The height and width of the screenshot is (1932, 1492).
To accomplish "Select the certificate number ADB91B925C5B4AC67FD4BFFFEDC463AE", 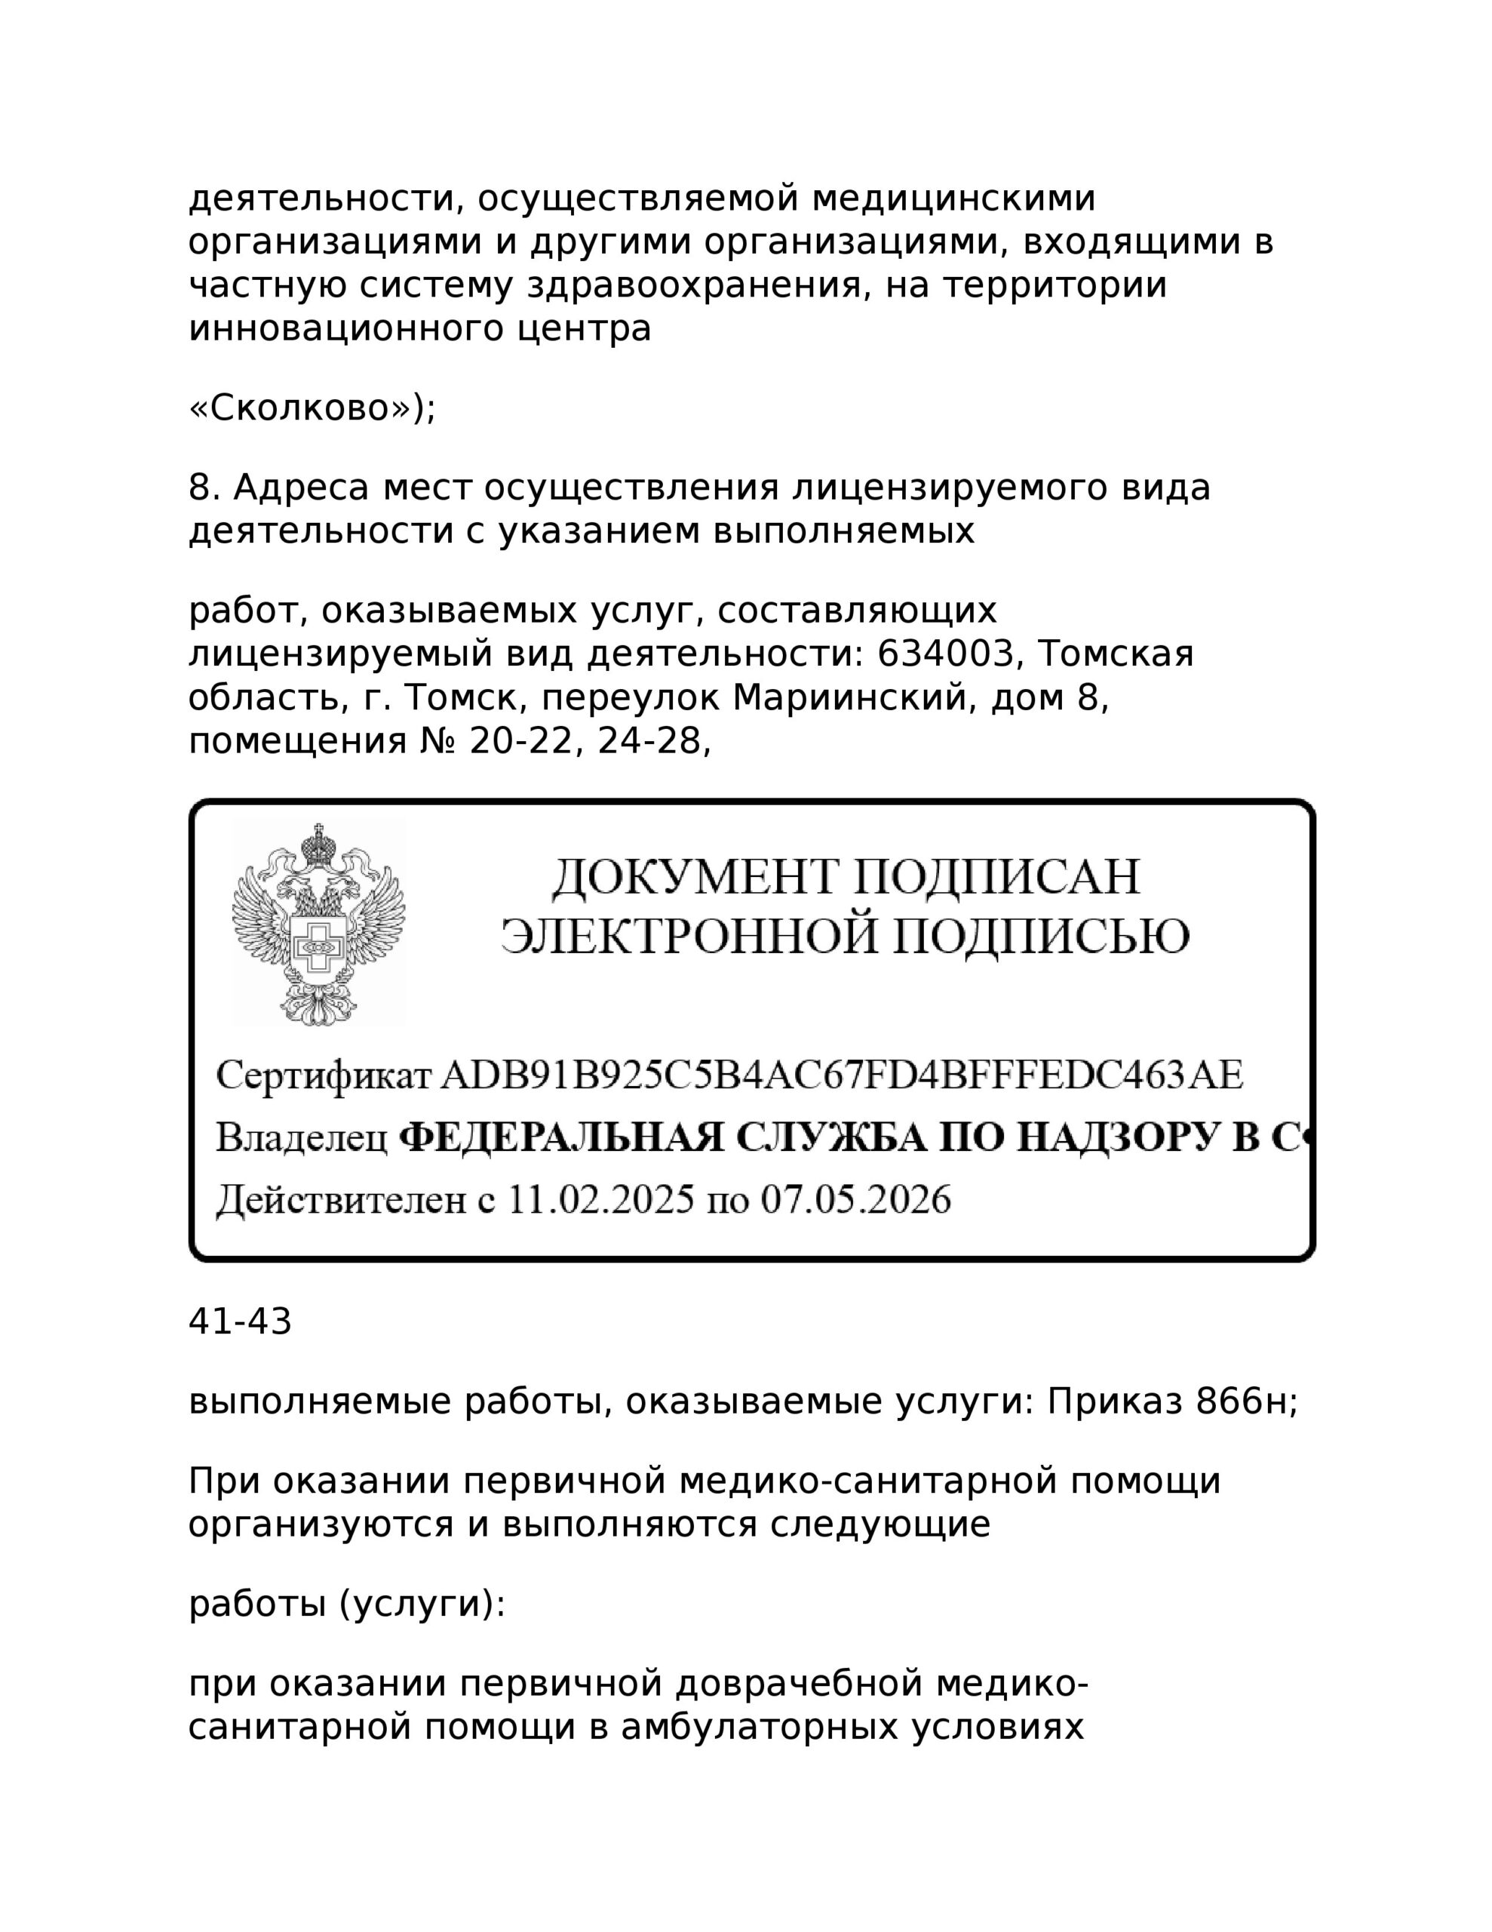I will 841,1075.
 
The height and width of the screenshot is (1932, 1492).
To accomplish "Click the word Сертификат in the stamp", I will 324,1075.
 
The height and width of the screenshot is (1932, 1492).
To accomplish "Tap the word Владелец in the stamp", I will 302,1139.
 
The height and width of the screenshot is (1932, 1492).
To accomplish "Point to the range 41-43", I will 240,1322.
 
